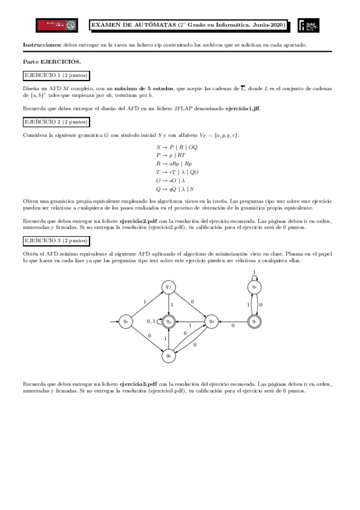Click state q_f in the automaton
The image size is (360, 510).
(x=169, y=287)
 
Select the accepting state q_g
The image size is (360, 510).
(x=169, y=321)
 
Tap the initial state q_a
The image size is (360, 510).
(x=126, y=321)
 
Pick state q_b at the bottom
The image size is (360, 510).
(x=169, y=355)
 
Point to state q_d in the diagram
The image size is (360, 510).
(x=212, y=321)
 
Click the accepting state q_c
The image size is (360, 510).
(x=255, y=321)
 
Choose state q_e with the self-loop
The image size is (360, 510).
(x=255, y=287)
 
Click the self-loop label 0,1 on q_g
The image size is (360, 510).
(x=152, y=321)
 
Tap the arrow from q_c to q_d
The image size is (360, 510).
(x=233, y=322)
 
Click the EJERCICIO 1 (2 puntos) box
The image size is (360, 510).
(x=55, y=75)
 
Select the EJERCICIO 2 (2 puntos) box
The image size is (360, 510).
(x=55, y=121)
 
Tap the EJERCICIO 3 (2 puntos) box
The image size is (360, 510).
(x=55, y=241)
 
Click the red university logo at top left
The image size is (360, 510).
(x=57, y=25)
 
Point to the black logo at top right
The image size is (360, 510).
(x=308, y=25)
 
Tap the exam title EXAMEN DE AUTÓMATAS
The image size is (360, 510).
(x=133, y=25)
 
